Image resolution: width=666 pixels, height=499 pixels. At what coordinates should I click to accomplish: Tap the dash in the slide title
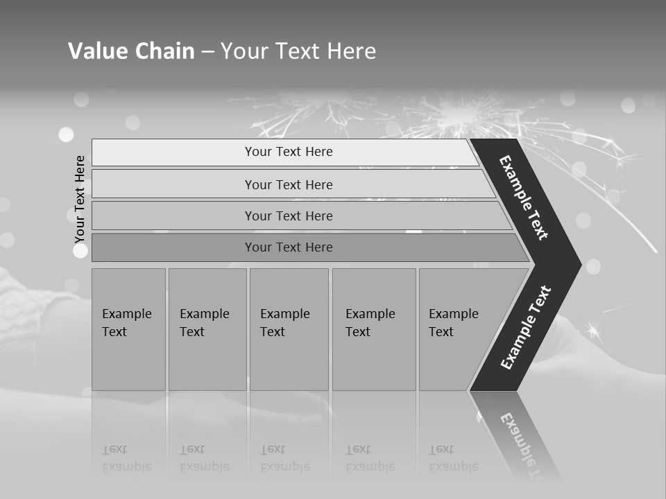point(207,52)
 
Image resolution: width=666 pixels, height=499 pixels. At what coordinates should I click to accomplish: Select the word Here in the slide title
point(350,51)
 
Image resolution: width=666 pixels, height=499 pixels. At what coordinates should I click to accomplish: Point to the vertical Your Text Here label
point(80,199)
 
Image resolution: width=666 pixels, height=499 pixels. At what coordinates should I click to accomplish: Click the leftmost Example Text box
point(128,329)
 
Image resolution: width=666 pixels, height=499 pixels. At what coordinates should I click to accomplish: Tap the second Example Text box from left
point(207,329)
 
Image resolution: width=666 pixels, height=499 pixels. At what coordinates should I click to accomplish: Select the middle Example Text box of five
point(289,329)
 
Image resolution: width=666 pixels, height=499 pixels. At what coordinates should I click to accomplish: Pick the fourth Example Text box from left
point(373,329)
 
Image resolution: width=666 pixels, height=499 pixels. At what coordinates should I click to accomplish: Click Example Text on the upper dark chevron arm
point(524,198)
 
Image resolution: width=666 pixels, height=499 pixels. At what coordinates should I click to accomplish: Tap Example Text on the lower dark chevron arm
point(525,328)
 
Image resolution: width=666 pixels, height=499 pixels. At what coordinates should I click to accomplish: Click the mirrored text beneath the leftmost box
point(127,458)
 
